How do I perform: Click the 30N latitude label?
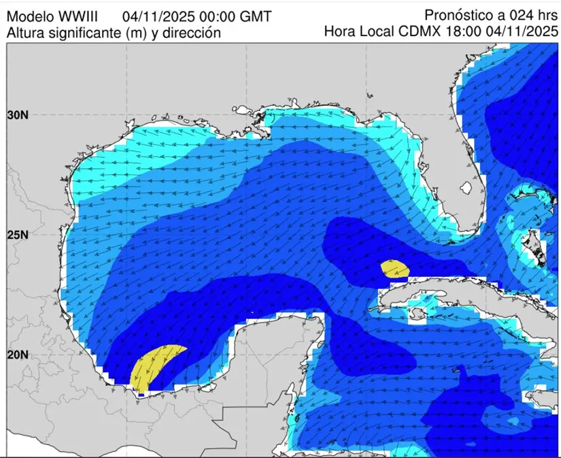[16, 115]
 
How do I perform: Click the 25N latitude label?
[16, 235]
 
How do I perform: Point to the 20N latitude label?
[16, 355]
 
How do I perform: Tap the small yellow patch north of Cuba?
[395, 268]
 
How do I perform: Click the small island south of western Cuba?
[413, 314]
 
